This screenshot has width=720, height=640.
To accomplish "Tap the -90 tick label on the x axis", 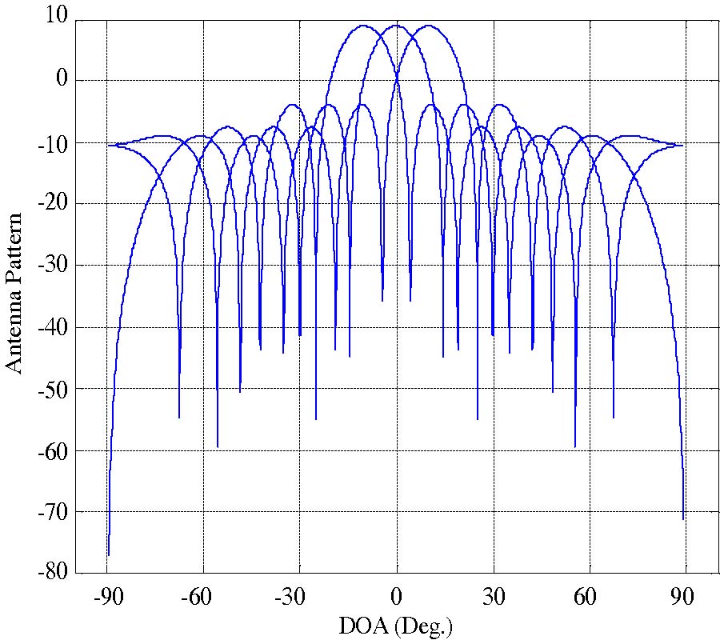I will point(107,598).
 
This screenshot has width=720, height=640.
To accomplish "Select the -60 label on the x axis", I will point(203,598).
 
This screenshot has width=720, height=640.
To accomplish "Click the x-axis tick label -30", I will point(300,598).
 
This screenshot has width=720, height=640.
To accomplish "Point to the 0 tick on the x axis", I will point(397,598).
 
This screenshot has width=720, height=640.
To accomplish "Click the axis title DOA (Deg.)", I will point(397,625).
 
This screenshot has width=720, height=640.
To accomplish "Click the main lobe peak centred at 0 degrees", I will point(397,26).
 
